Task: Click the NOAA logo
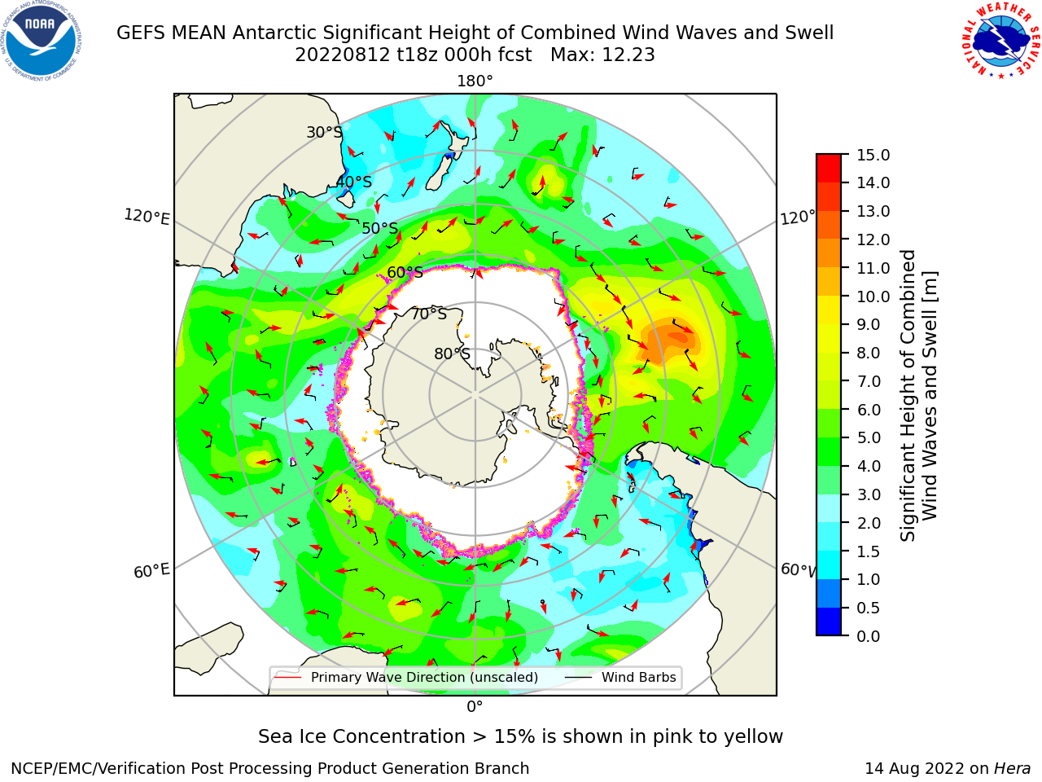pyautogui.click(x=42, y=41)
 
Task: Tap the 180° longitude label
pyautogui.click(x=475, y=81)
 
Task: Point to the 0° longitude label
pyautogui.click(x=475, y=707)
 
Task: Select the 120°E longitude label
pyautogui.click(x=147, y=217)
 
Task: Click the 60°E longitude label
pyautogui.click(x=151, y=571)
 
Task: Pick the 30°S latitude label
pyautogui.click(x=324, y=132)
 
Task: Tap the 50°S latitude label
pyautogui.click(x=380, y=228)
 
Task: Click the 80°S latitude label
pyautogui.click(x=452, y=354)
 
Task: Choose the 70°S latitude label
pyautogui.click(x=429, y=314)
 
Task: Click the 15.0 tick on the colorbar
pyautogui.click(x=873, y=155)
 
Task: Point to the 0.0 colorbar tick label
pyautogui.click(x=869, y=636)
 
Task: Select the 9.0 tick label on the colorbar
pyautogui.click(x=869, y=324)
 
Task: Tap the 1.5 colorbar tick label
pyautogui.click(x=869, y=551)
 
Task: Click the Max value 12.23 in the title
pyautogui.click(x=602, y=55)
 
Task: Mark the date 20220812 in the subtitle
pyautogui.click(x=342, y=55)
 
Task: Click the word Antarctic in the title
pyautogui.click(x=278, y=33)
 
